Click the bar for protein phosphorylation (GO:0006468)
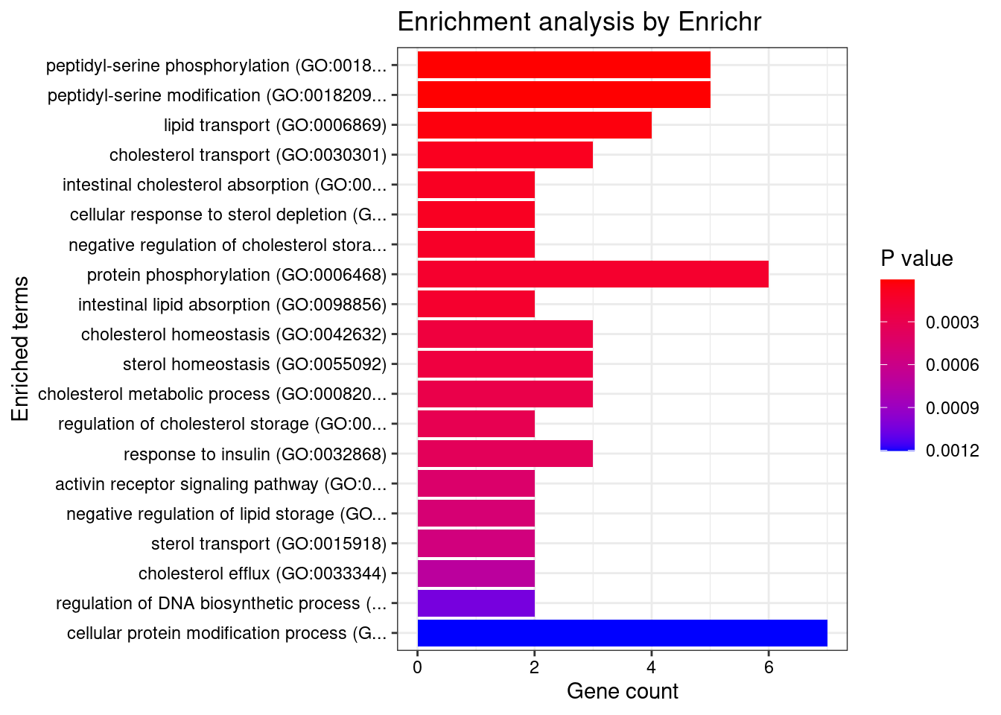(x=593, y=274)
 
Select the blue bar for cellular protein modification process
(x=622, y=633)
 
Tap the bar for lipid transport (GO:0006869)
(x=534, y=125)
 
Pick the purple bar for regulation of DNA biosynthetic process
(x=476, y=603)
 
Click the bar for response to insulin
(x=505, y=454)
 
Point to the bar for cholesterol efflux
(x=476, y=573)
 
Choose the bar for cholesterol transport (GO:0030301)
(x=505, y=155)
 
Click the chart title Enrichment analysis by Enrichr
(x=579, y=22)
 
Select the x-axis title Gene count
(x=622, y=691)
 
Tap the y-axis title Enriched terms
(x=21, y=349)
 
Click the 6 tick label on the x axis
(x=769, y=667)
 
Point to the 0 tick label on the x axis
(x=417, y=667)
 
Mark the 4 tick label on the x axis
(x=652, y=667)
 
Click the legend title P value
(x=916, y=259)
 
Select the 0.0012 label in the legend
(x=952, y=450)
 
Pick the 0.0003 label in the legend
(x=952, y=322)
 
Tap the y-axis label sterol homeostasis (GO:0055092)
(x=255, y=364)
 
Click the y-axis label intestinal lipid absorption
(x=232, y=305)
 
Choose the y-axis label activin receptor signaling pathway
(x=221, y=484)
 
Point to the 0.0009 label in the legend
(x=952, y=408)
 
